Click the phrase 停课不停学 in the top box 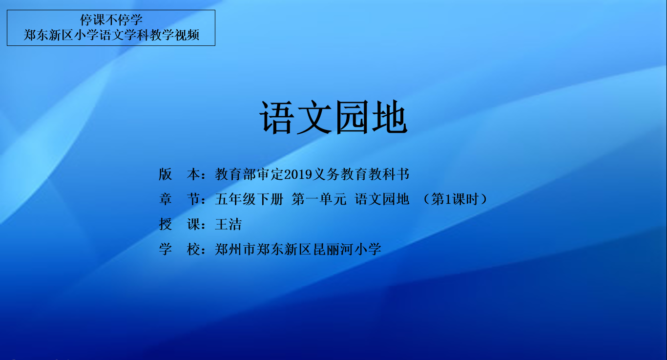point(111,20)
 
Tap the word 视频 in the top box point(187,35)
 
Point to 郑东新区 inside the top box point(48,35)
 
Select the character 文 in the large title point(314,117)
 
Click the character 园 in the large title point(352,117)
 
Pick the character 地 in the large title point(390,117)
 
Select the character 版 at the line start point(165,174)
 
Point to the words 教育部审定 point(249,174)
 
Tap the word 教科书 point(389,174)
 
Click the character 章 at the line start point(165,199)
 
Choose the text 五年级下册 point(249,199)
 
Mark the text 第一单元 point(319,199)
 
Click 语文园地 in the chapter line point(382,199)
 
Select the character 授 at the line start point(165,224)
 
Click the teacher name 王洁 point(229,224)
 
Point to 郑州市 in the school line point(235,249)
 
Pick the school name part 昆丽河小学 point(347,249)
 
